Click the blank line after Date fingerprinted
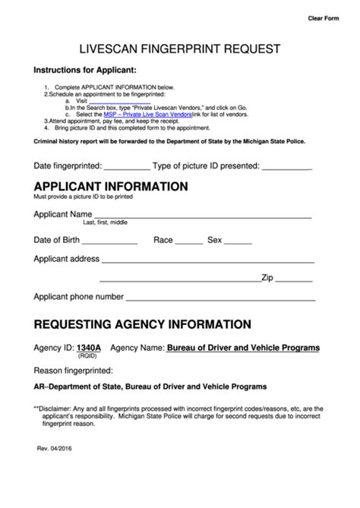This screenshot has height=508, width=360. tap(126, 166)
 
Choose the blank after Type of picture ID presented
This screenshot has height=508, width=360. tap(287, 166)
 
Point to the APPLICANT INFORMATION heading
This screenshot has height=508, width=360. tap(111, 186)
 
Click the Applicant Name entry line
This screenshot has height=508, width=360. tap(203, 216)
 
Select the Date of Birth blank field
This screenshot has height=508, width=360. tap(109, 241)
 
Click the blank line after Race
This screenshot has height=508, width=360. tap(189, 241)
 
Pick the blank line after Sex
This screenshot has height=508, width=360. tap(238, 241)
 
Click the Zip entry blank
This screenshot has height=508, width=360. tap(293, 279)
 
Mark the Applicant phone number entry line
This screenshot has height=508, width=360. tap(220, 298)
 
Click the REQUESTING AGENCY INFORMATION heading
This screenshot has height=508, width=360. tap(143, 324)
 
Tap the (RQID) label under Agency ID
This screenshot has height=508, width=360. tap(88, 356)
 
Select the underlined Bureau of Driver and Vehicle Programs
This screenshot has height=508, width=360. tap(243, 348)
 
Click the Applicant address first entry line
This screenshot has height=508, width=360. tap(207, 260)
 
